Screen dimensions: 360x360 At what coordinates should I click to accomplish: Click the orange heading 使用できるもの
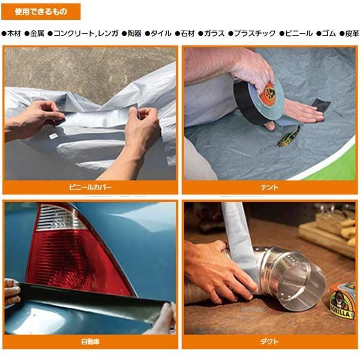pyautogui.click(x=41, y=11)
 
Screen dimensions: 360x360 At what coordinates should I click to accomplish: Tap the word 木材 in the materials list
pyautogui.click(x=14, y=34)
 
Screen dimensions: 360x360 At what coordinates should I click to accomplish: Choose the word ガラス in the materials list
pyautogui.click(x=213, y=34)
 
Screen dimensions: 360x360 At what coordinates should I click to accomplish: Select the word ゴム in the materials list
pyautogui.click(x=327, y=34)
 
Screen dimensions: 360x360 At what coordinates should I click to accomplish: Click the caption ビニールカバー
pyautogui.click(x=90, y=187)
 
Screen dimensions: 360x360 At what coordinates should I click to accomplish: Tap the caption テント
pyautogui.click(x=269, y=187)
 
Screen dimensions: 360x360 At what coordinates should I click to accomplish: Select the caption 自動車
pyautogui.click(x=90, y=342)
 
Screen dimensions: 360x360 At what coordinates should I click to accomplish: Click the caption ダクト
pyautogui.click(x=269, y=342)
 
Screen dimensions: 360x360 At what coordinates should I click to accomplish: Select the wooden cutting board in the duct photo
pyautogui.click(x=327, y=231)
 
